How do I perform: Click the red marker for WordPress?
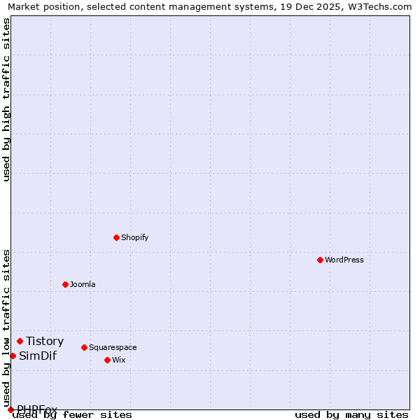(320, 260)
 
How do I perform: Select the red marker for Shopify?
(116, 237)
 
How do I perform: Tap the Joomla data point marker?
(65, 284)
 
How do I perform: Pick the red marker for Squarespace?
(84, 347)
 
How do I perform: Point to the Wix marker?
(107, 360)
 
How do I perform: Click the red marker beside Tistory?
(20, 341)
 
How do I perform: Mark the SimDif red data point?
(13, 356)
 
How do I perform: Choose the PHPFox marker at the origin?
(10, 409)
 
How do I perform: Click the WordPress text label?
(344, 260)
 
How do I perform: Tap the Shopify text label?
(135, 237)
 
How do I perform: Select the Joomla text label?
(83, 284)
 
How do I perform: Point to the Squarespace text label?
(113, 347)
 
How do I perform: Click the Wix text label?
(119, 360)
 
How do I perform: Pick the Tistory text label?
(45, 341)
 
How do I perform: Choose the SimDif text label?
(38, 356)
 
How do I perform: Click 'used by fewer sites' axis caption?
(72, 414)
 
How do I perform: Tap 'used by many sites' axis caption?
(351, 414)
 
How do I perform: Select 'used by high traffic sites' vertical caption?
(6, 99)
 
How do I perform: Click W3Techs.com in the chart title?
(378, 6)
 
